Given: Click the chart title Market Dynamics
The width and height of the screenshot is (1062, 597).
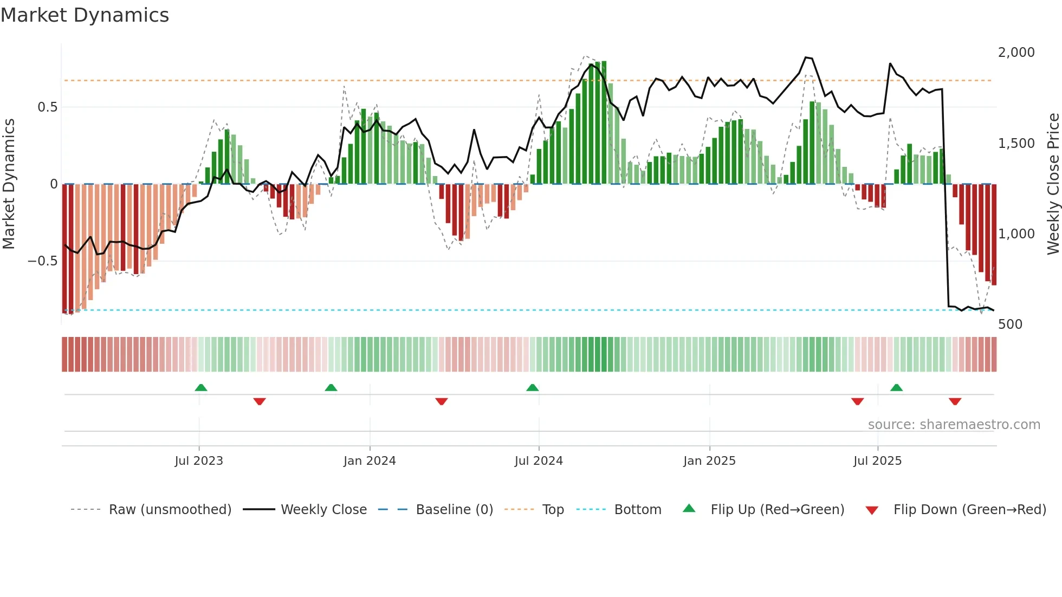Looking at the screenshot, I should click(85, 15).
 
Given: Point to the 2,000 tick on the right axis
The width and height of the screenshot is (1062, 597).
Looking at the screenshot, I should click(1016, 53).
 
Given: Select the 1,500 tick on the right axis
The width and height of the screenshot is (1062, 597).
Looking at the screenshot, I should click(1016, 143).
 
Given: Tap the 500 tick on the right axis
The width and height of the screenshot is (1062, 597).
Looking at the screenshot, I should click(1010, 324).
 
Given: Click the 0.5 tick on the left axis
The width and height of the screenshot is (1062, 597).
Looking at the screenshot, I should click(47, 107).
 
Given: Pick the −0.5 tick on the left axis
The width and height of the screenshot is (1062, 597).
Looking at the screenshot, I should click(42, 261).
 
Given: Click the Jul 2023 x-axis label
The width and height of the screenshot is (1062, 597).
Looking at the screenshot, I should click(198, 460).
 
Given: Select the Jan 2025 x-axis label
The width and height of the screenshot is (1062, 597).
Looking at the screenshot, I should click(709, 460).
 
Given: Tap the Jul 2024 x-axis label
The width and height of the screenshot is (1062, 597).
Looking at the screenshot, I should click(539, 460).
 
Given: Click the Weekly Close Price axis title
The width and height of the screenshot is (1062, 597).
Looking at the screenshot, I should click(1053, 184).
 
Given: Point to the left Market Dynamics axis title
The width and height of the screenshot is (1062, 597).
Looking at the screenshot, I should click(9, 184).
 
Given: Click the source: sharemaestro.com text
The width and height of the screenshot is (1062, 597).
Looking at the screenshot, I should click(954, 424).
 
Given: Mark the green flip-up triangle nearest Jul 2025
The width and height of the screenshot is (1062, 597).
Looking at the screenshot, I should click(896, 387).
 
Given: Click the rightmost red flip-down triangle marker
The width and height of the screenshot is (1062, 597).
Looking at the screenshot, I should click(955, 401).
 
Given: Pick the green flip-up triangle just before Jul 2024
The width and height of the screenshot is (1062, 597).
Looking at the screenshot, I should click(532, 387).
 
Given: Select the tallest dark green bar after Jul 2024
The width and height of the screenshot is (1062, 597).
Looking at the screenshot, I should click(604, 122).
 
